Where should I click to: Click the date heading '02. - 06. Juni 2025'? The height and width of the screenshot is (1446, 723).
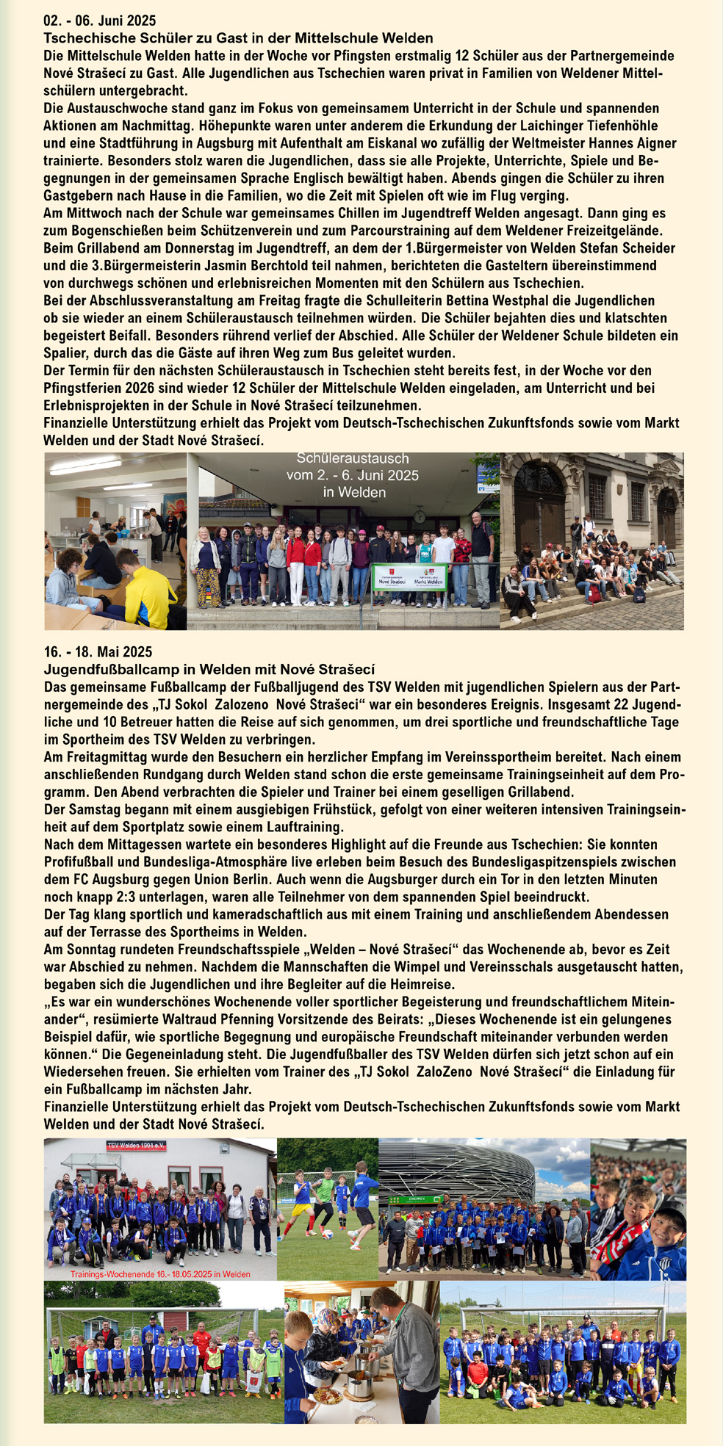pyautogui.click(x=100, y=21)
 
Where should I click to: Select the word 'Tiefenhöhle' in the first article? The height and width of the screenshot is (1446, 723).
pyautogui.click(x=622, y=126)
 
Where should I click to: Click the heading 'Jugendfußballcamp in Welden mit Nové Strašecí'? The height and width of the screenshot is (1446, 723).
pyautogui.click(x=209, y=669)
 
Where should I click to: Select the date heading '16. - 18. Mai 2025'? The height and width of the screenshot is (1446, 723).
pyautogui.click(x=98, y=652)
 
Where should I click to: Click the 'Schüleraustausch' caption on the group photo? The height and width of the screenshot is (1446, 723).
pyautogui.click(x=353, y=459)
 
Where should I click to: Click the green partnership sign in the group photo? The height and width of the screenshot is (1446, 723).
pyautogui.click(x=409, y=576)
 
